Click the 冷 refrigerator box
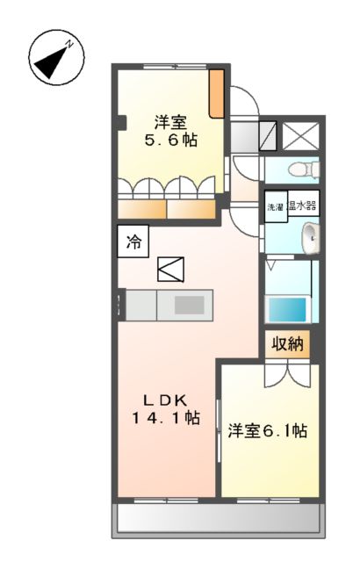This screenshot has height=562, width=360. coord(133,241)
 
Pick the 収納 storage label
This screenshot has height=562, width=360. coord(286,344)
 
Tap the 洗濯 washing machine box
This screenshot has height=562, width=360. coord(276,207)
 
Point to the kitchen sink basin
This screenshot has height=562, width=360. coord(188,306)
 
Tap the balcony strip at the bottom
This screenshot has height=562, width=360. coord(218,522)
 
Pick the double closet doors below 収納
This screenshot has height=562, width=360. coord(286,371)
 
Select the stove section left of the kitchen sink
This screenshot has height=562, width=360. coord(142,306)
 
